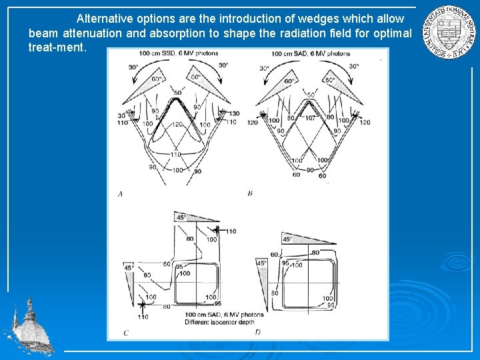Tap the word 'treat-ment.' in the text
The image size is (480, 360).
57,47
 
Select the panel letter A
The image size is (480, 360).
120,194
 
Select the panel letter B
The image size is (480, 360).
249,193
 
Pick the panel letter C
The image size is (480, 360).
125,332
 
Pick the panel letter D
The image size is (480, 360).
257,331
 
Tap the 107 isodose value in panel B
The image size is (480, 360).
311,117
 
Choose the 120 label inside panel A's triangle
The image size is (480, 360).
177,125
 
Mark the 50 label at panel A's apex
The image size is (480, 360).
177,93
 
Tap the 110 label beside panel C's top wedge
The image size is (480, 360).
230,231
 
